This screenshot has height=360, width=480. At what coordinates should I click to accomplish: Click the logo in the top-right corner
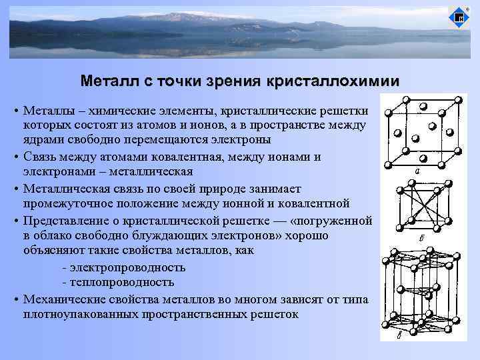tap(459, 17)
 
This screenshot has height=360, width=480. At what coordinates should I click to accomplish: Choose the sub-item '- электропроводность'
tap(123, 267)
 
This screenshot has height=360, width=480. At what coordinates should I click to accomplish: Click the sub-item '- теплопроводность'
tap(117, 283)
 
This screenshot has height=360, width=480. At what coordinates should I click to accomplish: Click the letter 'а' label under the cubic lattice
tap(417, 171)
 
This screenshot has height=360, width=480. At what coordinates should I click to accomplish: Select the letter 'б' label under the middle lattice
tap(418, 238)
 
